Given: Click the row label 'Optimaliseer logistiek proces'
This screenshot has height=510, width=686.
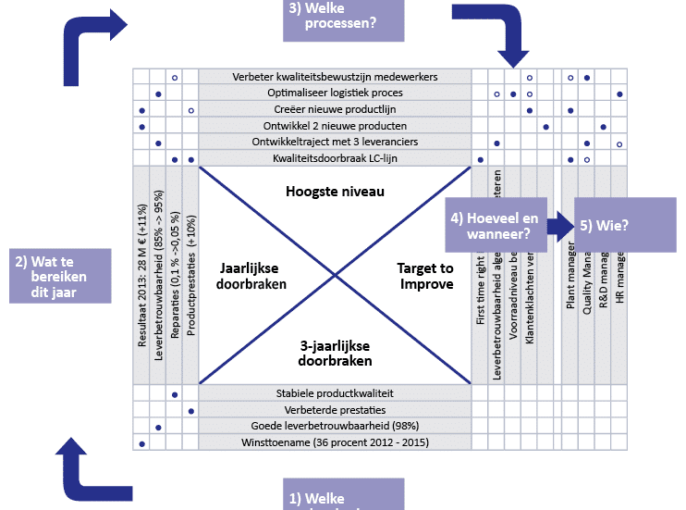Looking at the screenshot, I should click(x=335, y=93).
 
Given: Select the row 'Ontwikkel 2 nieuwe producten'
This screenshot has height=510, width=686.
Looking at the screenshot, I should click(x=335, y=126).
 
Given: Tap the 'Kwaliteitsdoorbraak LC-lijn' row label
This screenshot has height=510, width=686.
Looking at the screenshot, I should click(x=335, y=159).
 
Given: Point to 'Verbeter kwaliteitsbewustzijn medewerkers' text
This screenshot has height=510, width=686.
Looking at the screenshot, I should click(x=335, y=77).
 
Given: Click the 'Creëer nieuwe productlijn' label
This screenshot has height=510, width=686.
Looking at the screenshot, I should click(x=335, y=110).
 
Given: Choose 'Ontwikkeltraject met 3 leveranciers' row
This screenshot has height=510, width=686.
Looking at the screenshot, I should click(x=335, y=143).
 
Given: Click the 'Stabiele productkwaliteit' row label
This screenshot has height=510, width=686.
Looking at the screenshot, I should click(x=335, y=393).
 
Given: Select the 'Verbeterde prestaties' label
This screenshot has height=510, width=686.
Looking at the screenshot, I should click(x=335, y=410).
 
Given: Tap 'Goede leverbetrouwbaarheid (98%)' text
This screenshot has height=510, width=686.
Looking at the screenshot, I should click(x=335, y=427).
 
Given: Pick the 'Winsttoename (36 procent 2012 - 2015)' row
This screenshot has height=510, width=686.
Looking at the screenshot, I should click(x=335, y=442).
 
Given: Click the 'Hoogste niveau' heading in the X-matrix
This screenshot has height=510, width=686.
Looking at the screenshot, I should click(x=335, y=192).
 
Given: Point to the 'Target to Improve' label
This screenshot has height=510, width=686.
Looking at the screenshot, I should click(x=425, y=276).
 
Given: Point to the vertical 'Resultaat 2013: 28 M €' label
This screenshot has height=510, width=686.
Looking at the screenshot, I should click(x=142, y=278).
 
